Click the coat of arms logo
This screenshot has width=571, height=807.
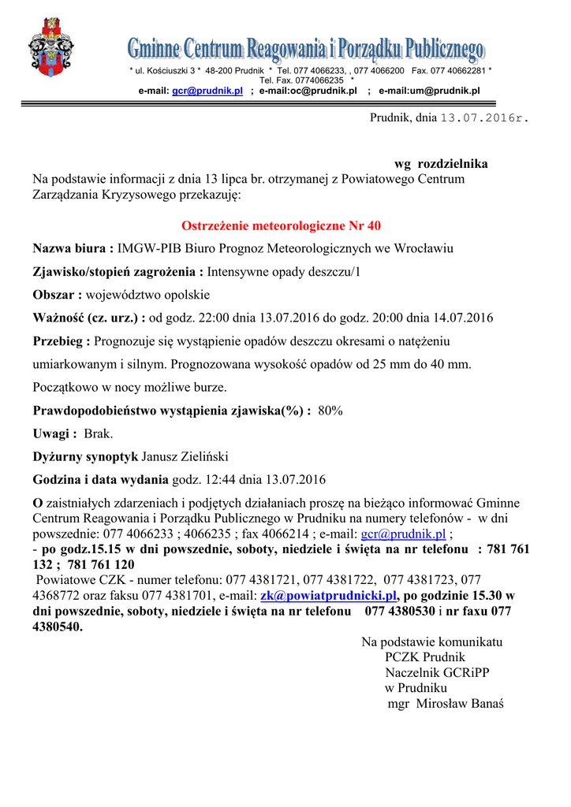[51, 48]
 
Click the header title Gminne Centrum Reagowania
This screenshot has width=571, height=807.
[305, 51]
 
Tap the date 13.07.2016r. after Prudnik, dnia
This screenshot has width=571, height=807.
[484, 118]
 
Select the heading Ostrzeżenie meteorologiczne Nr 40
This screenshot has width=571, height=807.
[281, 226]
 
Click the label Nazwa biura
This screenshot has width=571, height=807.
[73, 249]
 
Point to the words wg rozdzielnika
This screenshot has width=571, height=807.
[441, 164]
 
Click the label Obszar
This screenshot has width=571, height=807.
[57, 296]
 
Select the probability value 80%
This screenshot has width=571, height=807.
[330, 411]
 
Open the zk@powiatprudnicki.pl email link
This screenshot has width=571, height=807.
[328, 596]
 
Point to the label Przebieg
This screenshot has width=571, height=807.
[62, 342]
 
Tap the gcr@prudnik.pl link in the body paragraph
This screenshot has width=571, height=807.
[403, 534]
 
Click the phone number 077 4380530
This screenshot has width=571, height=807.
[400, 612]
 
